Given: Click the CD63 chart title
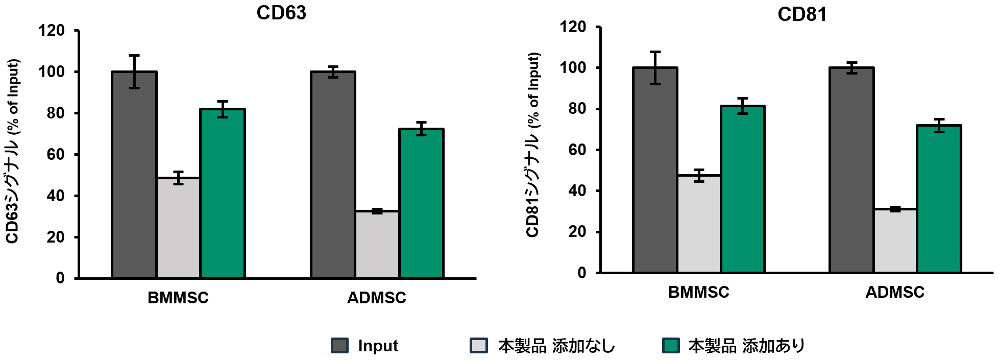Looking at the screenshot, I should coord(281,13).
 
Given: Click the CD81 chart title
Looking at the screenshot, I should coord(802,14).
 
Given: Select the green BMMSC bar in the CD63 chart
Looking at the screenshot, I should coord(223,194).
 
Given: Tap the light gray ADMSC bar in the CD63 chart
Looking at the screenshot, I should coord(377,245).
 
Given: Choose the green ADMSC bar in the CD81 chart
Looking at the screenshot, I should coord(939,199).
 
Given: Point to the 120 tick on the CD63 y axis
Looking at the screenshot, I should coord(52,31).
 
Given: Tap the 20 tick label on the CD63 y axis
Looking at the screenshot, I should coord(56,237).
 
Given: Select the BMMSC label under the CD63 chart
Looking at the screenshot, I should coord(178,298).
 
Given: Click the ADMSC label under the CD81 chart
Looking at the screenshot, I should coord(895,292).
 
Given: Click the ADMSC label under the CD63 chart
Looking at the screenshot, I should coord(377,298).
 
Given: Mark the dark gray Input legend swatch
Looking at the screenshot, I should coord(339,346).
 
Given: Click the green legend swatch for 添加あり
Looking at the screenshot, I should coord(671,346).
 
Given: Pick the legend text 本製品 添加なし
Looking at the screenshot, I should coord(556,346).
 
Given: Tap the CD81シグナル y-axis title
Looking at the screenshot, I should coord(533,145).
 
